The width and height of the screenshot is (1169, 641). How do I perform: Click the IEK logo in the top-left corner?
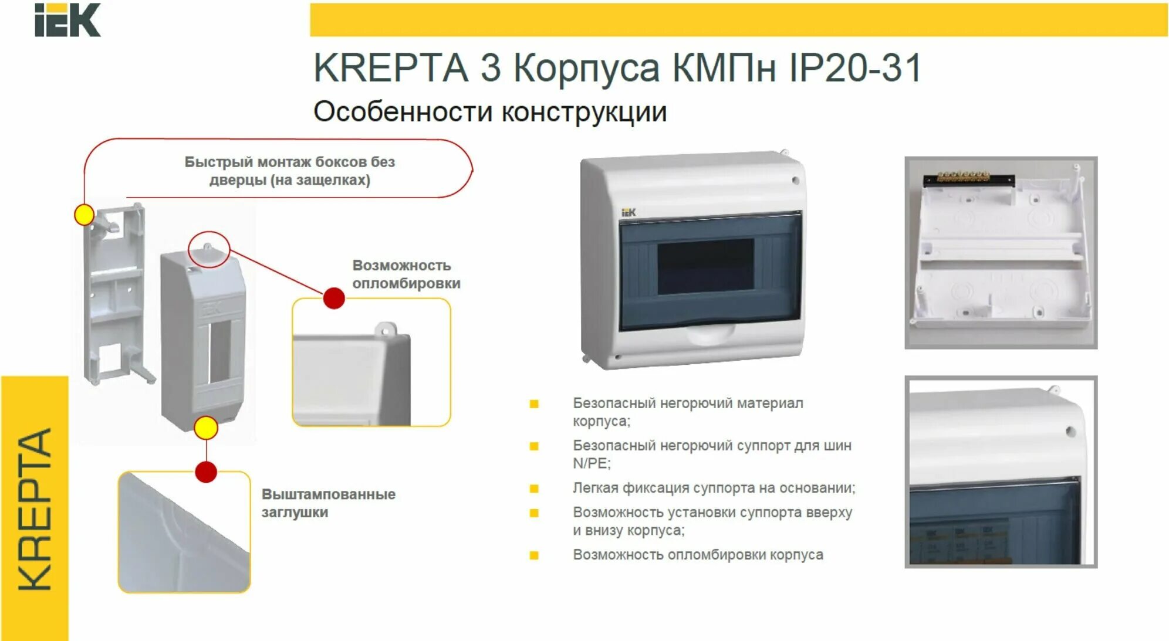tap(67, 20)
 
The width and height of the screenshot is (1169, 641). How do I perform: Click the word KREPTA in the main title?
tap(390, 68)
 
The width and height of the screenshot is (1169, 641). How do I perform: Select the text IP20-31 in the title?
tap(855, 68)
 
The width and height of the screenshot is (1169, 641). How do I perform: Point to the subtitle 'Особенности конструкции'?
tap(490, 111)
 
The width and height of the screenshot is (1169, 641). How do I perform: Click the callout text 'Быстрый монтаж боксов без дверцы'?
tap(289, 171)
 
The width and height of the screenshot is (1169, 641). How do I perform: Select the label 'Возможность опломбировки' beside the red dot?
tap(406, 274)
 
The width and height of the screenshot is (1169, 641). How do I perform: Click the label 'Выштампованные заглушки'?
tap(328, 503)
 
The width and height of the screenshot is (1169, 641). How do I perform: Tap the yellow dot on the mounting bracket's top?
tap(85, 215)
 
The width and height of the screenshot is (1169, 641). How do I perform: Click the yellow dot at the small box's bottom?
tap(206, 428)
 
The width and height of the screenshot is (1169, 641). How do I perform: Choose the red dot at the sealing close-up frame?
tap(334, 298)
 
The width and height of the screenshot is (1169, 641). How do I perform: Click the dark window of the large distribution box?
tap(705, 267)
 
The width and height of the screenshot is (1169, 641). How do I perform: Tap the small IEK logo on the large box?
tap(628, 212)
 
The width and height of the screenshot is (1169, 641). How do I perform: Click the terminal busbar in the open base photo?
tap(968, 178)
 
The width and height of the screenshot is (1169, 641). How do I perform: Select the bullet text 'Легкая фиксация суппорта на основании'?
tap(714, 488)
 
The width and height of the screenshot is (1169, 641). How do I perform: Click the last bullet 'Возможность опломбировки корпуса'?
tap(698, 555)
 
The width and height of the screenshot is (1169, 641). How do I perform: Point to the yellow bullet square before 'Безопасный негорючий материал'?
tap(534, 404)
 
